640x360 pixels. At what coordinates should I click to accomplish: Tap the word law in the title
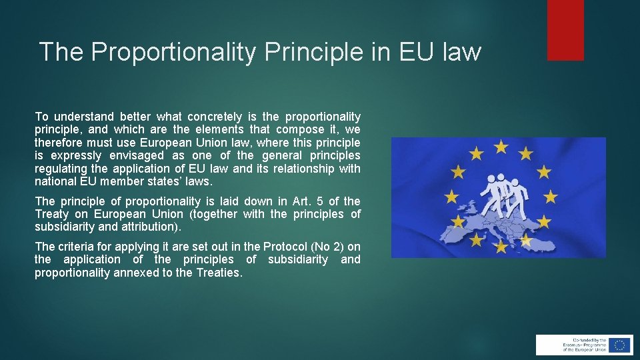coord(460,52)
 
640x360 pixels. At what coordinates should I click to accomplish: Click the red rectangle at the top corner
coord(565,30)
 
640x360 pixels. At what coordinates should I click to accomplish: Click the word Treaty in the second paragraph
coord(52,214)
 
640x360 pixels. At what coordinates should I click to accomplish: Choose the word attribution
coord(153,227)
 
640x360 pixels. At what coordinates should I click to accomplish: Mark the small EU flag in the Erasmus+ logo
coord(620,345)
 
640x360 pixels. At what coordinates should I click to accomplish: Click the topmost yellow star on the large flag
coord(501,146)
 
